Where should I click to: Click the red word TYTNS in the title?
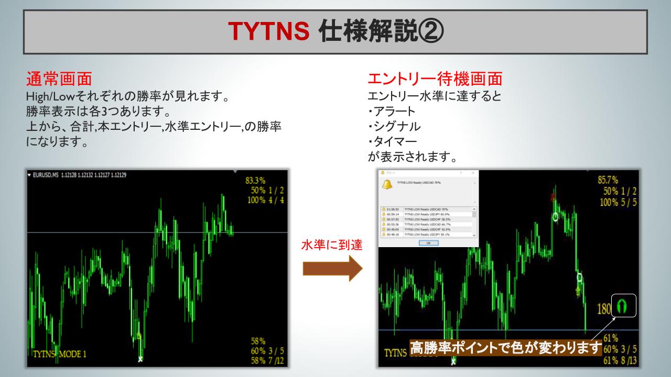pyautogui.click(x=269, y=32)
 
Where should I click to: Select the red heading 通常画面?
pyautogui.click(x=59, y=79)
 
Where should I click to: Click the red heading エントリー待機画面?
pyautogui.click(x=435, y=79)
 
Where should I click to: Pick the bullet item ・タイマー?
pyautogui.click(x=392, y=142)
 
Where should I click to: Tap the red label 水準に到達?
pyautogui.click(x=332, y=245)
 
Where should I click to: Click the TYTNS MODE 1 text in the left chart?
pyautogui.click(x=60, y=354)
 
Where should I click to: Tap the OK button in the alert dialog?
pyautogui.click(x=428, y=243)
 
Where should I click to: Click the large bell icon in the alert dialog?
pyautogui.click(x=387, y=184)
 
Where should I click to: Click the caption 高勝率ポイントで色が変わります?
pyautogui.click(x=506, y=348)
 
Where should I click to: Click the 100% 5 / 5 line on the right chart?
pyautogui.click(x=618, y=202)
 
